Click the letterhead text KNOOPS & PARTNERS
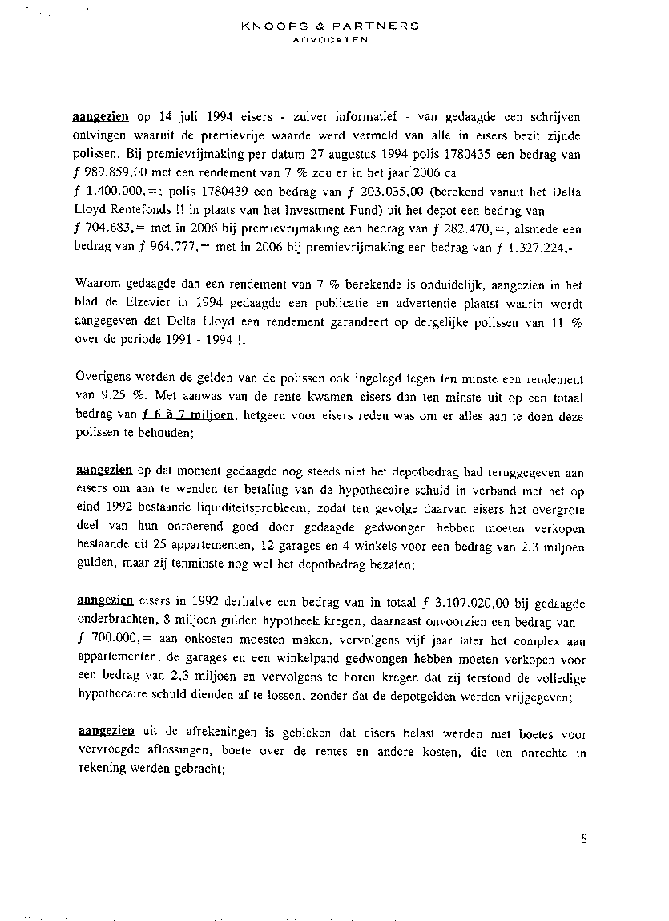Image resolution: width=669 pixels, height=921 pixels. [x=329, y=26]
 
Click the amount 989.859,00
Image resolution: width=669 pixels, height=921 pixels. [x=117, y=173]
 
